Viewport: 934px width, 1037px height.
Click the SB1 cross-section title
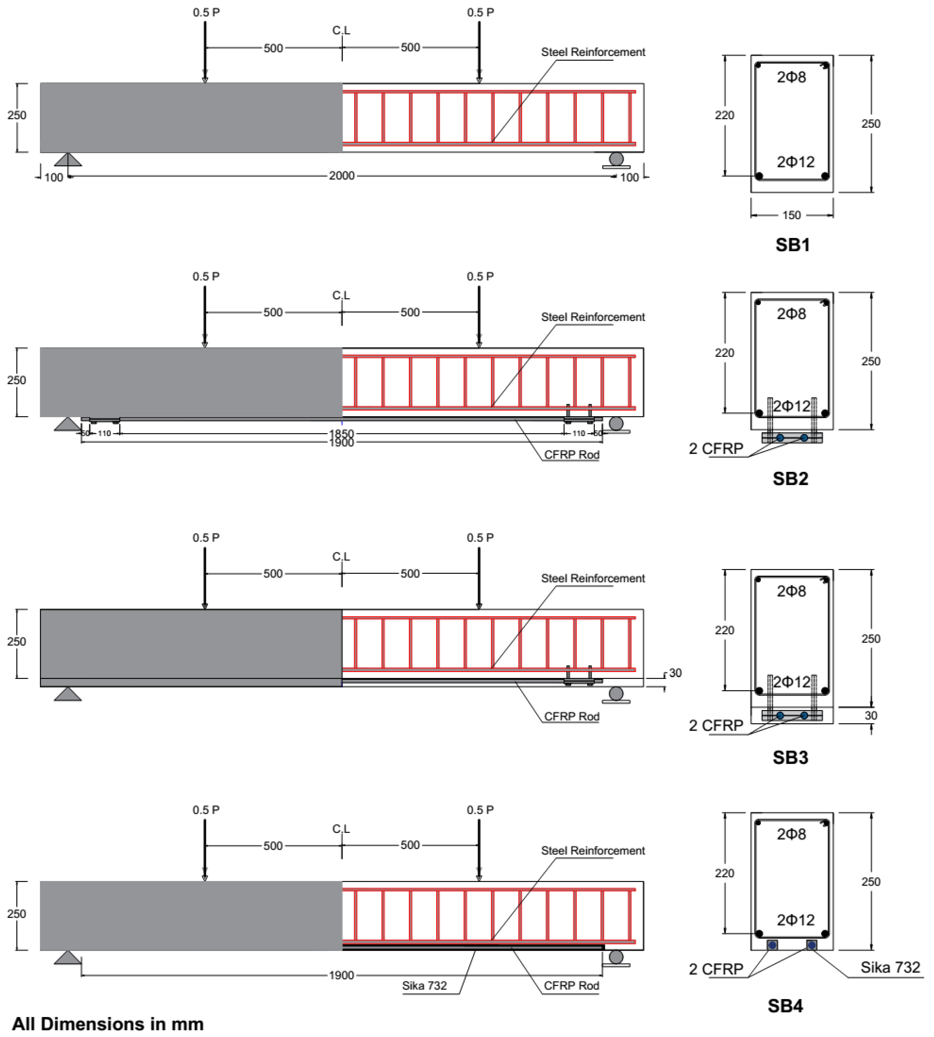(x=792, y=245)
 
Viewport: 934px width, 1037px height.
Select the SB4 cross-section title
(x=785, y=1006)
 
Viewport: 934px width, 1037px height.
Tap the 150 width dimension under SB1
(x=791, y=215)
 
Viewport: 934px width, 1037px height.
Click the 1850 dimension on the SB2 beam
(x=342, y=434)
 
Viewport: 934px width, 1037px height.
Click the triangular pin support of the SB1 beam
(x=68, y=160)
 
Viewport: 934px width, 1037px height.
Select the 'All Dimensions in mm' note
(x=108, y=1024)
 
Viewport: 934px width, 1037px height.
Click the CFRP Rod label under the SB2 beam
(x=572, y=455)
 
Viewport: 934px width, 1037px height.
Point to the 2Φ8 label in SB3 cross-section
(x=791, y=591)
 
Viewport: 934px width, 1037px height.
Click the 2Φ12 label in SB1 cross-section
(x=795, y=162)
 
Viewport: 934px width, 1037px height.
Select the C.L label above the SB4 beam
(x=341, y=829)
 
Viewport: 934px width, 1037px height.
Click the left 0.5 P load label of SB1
(x=206, y=12)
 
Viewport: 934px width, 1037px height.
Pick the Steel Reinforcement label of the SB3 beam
(x=593, y=578)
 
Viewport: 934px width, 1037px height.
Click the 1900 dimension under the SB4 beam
(x=342, y=976)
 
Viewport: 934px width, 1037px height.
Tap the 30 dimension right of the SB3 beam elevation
(x=675, y=673)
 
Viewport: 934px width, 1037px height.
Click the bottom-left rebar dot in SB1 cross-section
(x=759, y=176)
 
